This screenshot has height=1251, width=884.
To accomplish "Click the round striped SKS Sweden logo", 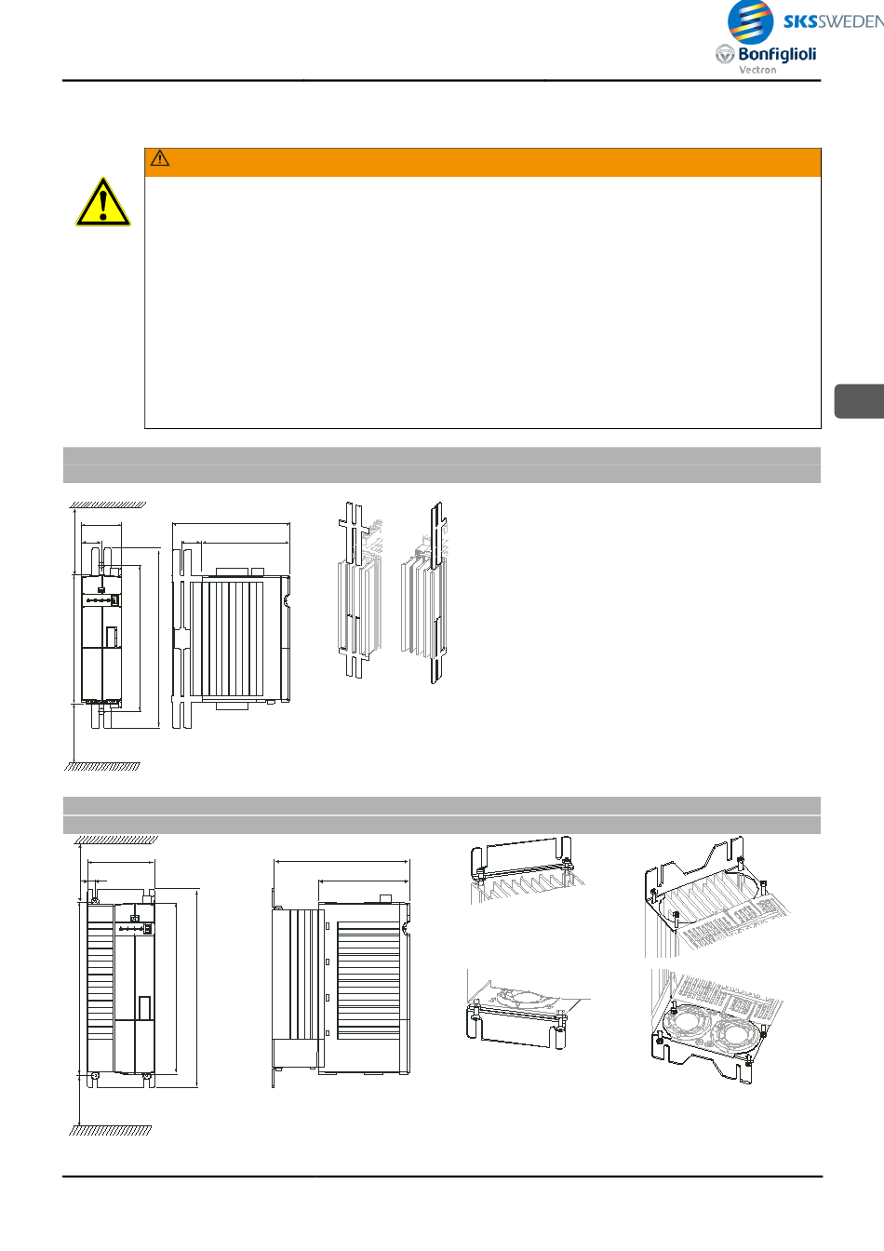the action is pos(751,21).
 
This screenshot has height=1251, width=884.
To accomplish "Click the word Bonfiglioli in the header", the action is pos(777,54).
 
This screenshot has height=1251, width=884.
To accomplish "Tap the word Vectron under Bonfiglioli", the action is pos(757,70).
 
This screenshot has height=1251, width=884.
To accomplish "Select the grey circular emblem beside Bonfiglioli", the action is pos(725,54).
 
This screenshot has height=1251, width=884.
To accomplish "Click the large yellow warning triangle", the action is pos(103,202).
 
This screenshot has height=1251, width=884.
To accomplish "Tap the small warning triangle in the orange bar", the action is pos(160,158).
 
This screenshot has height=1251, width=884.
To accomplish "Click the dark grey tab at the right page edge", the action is pos(860,401).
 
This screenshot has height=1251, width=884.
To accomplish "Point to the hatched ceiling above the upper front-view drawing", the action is pos(108,504).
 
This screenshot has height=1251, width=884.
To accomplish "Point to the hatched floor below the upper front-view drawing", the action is pos(102,767).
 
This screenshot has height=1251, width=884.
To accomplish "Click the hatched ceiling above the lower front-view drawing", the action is pos(116,840).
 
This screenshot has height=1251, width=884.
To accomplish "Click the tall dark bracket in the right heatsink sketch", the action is pos(437,592).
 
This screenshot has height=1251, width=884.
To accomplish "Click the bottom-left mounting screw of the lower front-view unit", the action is pos(95,1076).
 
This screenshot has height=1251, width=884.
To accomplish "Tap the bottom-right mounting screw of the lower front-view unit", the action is pos(146,1076).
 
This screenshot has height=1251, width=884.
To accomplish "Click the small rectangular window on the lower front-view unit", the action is pos(144,1009).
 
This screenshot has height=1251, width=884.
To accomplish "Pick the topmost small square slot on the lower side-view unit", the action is pos(328,926).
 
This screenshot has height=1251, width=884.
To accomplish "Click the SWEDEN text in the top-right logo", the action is pos(851,21).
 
